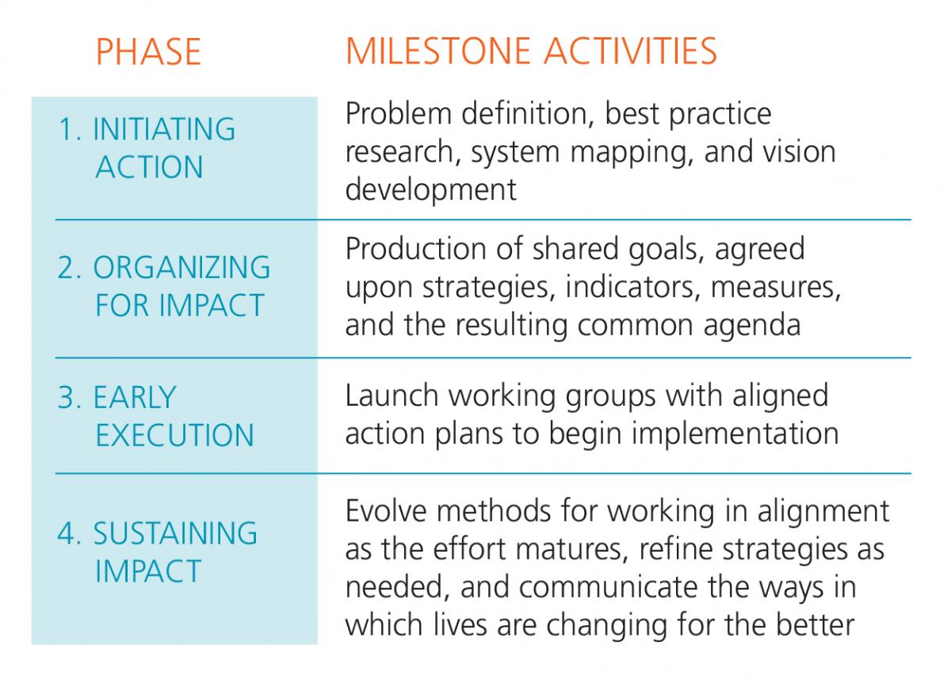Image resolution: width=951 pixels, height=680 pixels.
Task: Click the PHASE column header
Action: [x=149, y=52]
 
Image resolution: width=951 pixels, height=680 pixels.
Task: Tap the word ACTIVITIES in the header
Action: [x=631, y=52]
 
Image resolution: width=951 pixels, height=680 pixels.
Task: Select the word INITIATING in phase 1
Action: [x=164, y=129]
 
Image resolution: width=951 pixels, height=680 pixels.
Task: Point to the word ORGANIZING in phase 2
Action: [x=181, y=267]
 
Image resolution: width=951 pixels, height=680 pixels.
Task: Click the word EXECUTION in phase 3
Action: [x=174, y=435]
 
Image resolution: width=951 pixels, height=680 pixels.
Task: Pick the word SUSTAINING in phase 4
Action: [x=175, y=533]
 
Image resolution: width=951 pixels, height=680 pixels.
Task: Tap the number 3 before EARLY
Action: [x=67, y=398]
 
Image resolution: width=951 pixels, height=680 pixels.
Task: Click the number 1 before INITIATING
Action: [x=67, y=129]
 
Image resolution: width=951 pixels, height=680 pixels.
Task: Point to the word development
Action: [x=431, y=190]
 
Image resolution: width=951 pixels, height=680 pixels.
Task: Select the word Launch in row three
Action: [x=392, y=396]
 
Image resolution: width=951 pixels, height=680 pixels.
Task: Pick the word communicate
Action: [x=608, y=587]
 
